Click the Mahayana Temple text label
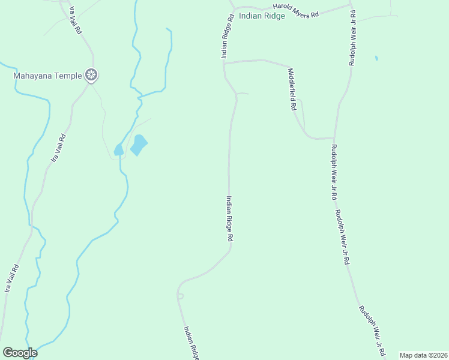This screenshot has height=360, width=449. (48, 76)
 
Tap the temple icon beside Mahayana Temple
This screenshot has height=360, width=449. (91, 76)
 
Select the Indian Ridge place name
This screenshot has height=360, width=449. (262, 16)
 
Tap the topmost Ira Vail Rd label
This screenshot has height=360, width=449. (75, 20)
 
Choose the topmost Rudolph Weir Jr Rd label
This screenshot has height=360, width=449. (352, 37)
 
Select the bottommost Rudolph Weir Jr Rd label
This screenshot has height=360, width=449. (371, 330)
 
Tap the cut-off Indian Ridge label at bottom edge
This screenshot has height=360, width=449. (191, 343)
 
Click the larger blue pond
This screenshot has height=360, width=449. (139, 145)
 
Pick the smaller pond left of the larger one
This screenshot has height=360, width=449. (118, 150)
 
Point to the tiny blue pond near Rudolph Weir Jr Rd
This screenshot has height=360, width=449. (376, 58)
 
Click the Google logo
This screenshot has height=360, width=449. (20, 353)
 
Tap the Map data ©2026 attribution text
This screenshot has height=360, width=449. (423, 355)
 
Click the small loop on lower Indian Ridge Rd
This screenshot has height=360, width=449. (180, 296)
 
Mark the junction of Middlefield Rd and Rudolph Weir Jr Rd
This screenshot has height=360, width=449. (334, 138)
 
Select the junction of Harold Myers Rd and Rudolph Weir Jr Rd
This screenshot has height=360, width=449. (351, 7)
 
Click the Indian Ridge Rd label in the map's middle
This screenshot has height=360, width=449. (229, 218)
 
